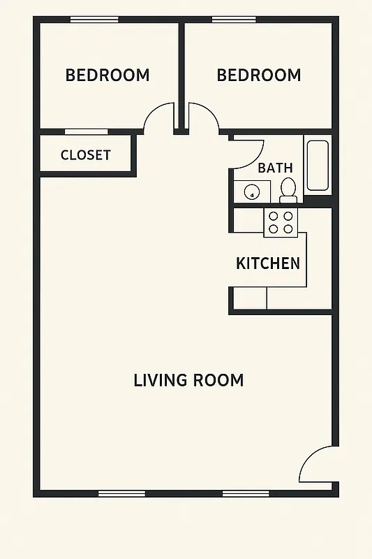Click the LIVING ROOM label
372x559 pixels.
click(188, 381)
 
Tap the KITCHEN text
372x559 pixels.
click(268, 263)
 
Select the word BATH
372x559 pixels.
click(275, 168)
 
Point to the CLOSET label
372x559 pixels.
click(85, 155)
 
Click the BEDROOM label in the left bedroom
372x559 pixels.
click(107, 75)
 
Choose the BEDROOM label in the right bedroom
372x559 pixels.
click(258, 75)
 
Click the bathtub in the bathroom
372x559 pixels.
click(317, 166)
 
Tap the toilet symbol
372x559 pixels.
click(288, 189)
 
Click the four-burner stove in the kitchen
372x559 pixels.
click(281, 222)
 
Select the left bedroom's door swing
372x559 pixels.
click(160, 117)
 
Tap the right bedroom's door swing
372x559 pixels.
click(203, 117)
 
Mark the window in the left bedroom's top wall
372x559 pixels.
click(94, 20)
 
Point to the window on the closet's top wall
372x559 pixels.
click(86, 131)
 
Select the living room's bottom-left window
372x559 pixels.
click(121, 493)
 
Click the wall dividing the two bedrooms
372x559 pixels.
click(181, 70)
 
